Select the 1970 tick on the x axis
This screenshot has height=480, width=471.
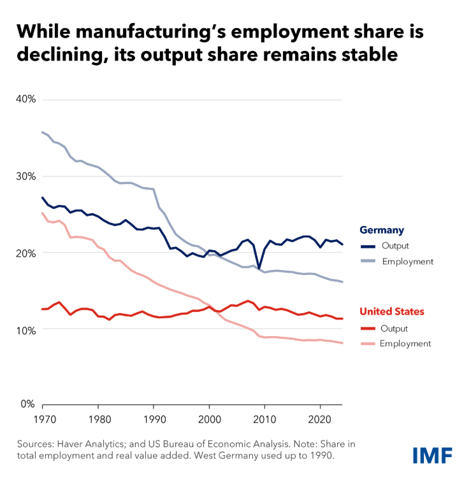pos(42,420)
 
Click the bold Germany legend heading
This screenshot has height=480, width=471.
pos(382,230)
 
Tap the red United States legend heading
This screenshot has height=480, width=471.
pos(392,312)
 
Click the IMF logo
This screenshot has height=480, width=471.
pos(432,455)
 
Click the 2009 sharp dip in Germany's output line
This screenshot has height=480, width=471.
pos(259,269)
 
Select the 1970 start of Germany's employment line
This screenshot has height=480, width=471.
pos(43,132)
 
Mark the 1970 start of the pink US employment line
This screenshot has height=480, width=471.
pos(43,213)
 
